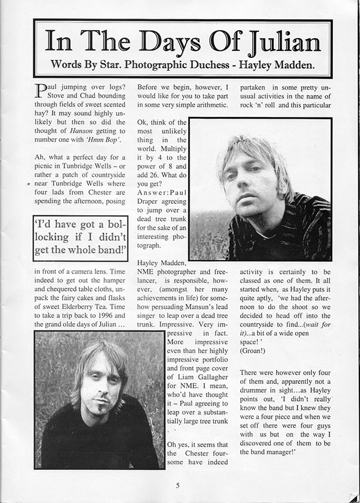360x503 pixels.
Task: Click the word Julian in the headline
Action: click(x=280, y=42)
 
